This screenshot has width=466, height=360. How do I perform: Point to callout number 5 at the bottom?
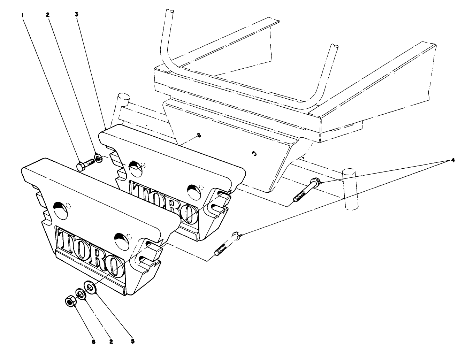[x=132, y=342]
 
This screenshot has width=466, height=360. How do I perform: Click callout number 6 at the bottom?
[x=93, y=342]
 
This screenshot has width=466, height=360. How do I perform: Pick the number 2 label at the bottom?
[x=111, y=342]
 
